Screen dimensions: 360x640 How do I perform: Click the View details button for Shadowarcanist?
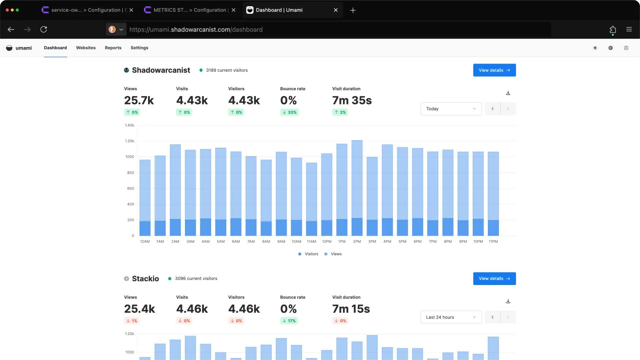coord(494,70)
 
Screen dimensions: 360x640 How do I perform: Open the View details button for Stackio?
coord(494,278)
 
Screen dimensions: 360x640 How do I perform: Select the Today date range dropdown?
coord(451,109)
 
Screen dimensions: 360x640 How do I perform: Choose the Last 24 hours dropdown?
coord(451,317)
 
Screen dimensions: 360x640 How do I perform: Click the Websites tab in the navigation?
coord(86,48)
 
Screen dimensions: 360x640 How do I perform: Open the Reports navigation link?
coord(113,48)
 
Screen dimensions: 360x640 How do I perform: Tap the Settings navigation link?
coord(139,48)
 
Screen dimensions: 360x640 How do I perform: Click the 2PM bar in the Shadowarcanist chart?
coord(357,187)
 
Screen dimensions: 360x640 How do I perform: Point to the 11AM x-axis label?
coord(311,241)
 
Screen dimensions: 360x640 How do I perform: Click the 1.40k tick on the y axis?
coord(129,125)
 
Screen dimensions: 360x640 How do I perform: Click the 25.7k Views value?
coord(139,100)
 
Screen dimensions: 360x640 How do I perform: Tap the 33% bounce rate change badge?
coord(289,112)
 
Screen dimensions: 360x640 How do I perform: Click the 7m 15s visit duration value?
coord(351,309)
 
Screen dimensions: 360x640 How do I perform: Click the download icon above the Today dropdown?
coord(508,93)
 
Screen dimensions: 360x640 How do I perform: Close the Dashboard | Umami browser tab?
coord(335,10)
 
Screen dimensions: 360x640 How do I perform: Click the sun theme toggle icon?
coord(595,48)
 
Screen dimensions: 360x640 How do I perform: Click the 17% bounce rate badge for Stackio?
coord(289,321)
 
